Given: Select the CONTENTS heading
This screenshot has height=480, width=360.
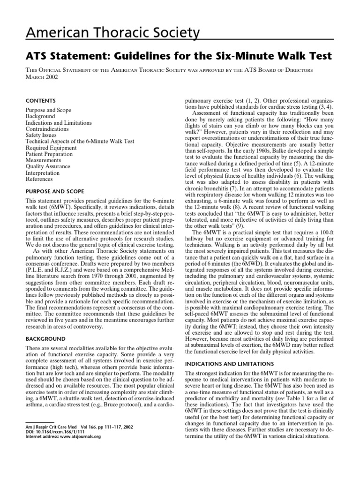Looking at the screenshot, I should coord(40,101).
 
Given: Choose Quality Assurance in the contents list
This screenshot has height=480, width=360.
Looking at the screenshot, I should coord(47,166).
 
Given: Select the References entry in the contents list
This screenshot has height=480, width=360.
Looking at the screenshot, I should coord(39,179).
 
